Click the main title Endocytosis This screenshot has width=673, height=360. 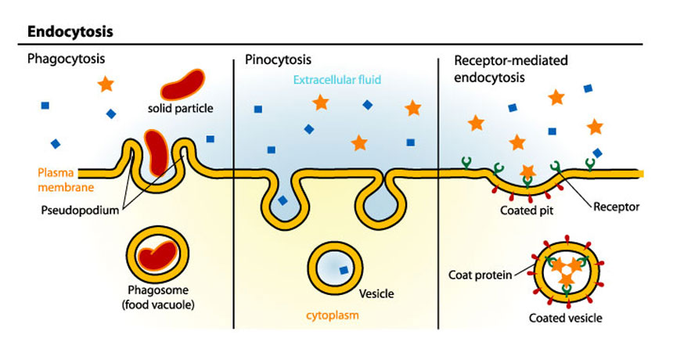pos(70,32)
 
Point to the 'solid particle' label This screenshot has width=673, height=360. pos(180,106)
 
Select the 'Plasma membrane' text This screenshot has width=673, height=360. pos(54,180)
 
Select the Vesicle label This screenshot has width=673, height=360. pos(376,294)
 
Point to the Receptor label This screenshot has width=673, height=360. pos(616,207)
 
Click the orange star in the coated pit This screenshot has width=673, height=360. pos(527,171)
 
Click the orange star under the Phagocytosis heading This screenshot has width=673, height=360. pos(106,83)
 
